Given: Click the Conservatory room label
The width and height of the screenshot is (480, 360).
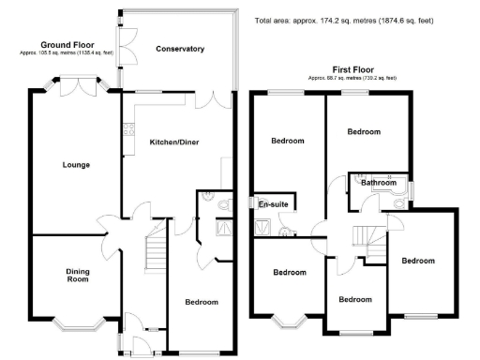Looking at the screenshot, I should [x=180, y=48].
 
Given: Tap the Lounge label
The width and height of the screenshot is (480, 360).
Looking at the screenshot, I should [x=76, y=165].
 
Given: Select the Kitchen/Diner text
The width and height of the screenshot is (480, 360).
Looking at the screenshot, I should [x=173, y=142].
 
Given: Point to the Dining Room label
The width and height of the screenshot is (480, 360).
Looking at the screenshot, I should [x=77, y=276].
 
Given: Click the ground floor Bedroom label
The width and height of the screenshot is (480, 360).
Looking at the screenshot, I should [x=201, y=302].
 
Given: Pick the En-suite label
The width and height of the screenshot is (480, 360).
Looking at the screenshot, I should [x=273, y=204].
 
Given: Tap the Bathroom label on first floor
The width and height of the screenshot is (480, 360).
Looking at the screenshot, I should [x=380, y=183].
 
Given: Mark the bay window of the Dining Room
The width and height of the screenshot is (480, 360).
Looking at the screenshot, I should [x=77, y=324].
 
